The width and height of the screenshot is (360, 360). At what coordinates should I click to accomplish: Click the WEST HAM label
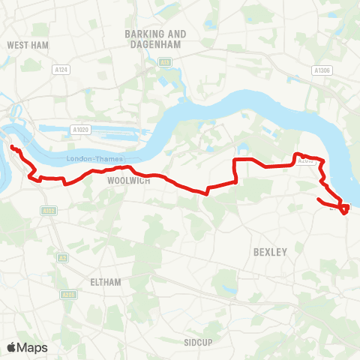coord(27,45)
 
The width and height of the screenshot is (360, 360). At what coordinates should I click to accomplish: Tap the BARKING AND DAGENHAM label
coord(155,39)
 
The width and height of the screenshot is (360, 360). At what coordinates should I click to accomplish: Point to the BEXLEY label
coord(271,253)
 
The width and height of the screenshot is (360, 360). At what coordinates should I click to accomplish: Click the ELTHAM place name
coord(105,282)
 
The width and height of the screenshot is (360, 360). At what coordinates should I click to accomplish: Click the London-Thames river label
coord(93,159)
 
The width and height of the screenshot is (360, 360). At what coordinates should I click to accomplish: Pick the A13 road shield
coord(164,62)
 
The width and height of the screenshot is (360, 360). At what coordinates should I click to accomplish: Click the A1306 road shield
coord(322,70)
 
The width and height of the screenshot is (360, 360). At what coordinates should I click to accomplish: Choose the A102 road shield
coord(49,211)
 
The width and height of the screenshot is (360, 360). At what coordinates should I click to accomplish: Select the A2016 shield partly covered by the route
coord(304,160)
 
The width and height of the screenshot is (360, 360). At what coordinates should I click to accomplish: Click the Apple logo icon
coord(13,347)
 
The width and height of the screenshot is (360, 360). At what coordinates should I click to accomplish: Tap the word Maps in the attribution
coord(32,347)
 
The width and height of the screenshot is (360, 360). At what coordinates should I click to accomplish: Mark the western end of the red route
coord(13,147)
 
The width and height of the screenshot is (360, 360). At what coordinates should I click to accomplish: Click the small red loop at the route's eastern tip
coord(344,209)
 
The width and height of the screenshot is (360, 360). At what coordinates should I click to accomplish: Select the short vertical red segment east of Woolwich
coord(236,171)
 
